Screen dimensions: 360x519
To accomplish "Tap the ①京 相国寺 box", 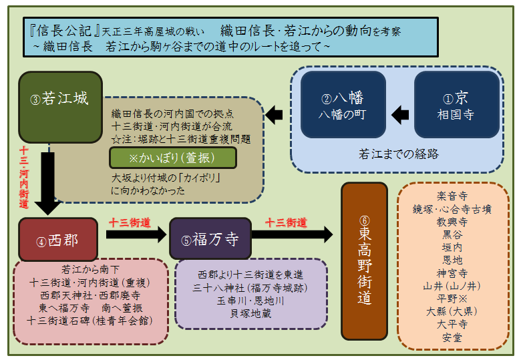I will tap(458, 106).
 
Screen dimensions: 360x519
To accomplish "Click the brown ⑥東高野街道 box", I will tap(365, 260).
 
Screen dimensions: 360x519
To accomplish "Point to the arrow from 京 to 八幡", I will tap(399, 114).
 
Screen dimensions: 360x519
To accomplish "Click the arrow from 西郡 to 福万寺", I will tap(135, 234).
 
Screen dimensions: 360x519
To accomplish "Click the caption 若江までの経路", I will tap(398, 154).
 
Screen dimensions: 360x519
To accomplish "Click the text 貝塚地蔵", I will tap(250, 313).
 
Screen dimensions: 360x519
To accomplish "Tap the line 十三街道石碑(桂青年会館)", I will tap(90, 321).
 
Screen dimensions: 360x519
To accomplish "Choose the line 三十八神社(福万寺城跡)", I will tap(251, 288).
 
